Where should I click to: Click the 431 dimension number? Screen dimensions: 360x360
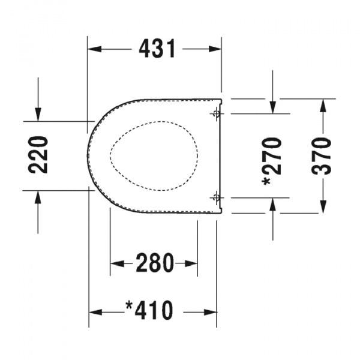point(157,49)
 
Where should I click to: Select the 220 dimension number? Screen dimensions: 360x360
point(38,155)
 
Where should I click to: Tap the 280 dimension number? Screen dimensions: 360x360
point(155,263)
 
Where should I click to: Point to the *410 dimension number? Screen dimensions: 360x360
point(149,310)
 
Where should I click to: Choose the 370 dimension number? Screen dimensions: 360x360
point(322,157)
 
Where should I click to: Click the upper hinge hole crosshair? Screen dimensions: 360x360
point(215,113)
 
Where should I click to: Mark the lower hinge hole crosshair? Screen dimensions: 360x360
point(215,197)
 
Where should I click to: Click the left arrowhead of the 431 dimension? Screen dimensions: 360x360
point(95,49)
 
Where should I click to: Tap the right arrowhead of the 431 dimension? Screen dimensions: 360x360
point(215,49)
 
